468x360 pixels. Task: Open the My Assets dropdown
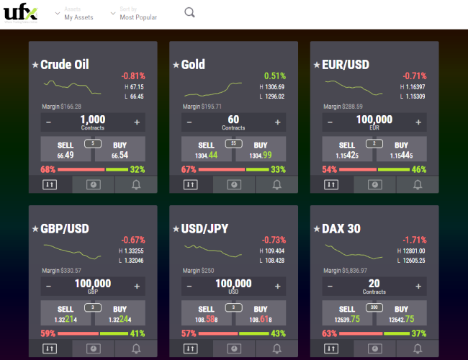click(x=78, y=14)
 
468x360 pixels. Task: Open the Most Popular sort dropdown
click(x=138, y=14)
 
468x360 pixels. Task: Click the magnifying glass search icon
click(x=189, y=12)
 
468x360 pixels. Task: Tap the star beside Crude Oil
click(x=35, y=66)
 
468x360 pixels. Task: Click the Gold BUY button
click(x=261, y=150)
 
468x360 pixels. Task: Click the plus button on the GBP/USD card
click(x=136, y=286)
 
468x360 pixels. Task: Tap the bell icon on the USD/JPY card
click(x=277, y=348)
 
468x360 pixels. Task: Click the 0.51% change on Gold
click(x=274, y=76)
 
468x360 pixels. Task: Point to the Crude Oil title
click(x=65, y=65)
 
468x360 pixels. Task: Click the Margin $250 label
click(x=198, y=271)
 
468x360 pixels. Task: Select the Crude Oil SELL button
click(x=66, y=150)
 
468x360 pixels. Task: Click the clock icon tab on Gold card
click(x=234, y=184)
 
